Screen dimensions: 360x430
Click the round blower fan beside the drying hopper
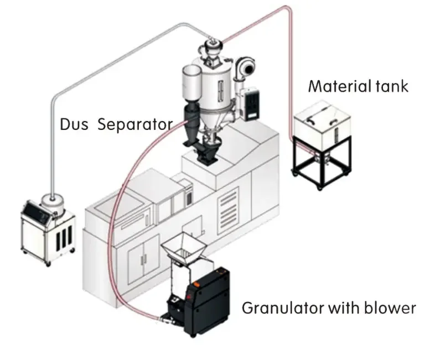(246, 68)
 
